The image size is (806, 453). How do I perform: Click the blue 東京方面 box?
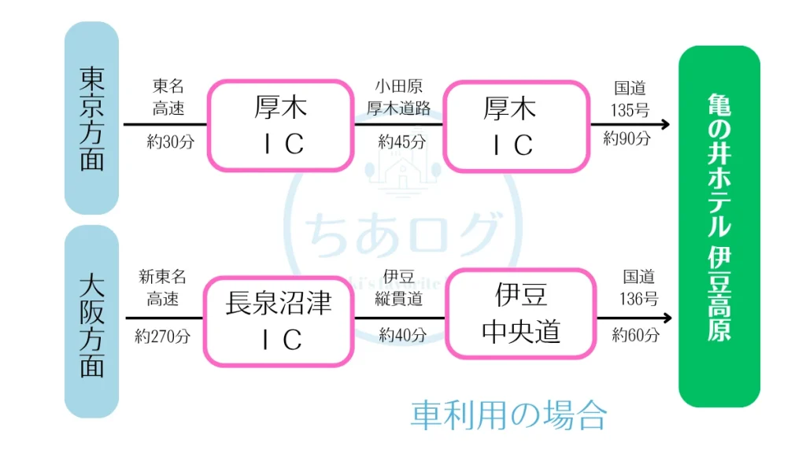[x=91, y=118]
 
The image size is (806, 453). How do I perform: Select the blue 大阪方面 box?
[x=91, y=322]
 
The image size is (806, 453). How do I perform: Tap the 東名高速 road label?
[x=168, y=98]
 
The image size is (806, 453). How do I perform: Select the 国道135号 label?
[x=632, y=98]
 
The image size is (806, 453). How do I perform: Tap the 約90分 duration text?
[x=627, y=139]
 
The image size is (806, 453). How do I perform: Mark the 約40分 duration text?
[x=402, y=335]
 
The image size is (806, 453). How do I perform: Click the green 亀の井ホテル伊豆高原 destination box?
[x=719, y=226]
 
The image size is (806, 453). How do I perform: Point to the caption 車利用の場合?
[x=509, y=414]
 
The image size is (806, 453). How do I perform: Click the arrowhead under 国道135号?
[x=665, y=124]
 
